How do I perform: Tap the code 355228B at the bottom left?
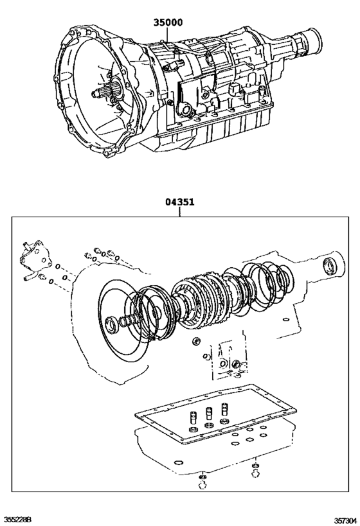pos(18,519)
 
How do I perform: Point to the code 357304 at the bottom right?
pos(343,519)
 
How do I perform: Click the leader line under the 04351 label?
pos(180,212)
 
